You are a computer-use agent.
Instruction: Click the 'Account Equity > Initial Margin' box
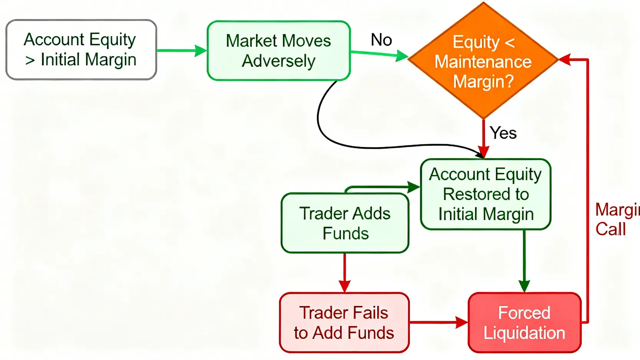[81, 50]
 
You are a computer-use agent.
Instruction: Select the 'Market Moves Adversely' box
[279, 51]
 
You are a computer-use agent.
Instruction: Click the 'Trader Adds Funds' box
[345, 223]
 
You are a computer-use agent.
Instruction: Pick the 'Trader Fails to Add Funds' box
[344, 323]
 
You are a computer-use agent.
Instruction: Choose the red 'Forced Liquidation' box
[524, 323]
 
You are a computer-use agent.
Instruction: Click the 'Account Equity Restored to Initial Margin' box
[486, 194]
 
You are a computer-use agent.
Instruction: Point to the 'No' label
[381, 40]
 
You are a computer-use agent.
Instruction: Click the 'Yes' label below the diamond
[503, 133]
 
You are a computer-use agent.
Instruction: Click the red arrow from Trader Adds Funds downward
[345, 273]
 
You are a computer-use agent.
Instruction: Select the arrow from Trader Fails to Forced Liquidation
[438, 322]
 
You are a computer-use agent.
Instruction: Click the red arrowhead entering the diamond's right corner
[565, 60]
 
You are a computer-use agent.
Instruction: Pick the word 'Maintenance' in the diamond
[483, 62]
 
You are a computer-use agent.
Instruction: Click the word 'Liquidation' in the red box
[524, 333]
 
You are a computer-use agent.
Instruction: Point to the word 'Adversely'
[279, 61]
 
